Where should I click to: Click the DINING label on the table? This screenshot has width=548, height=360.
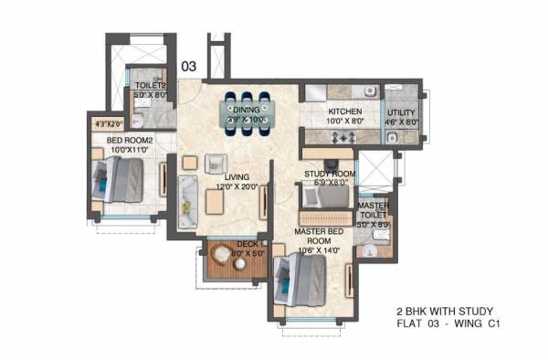click(x=247, y=106)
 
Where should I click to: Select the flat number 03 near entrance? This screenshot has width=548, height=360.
click(x=188, y=66)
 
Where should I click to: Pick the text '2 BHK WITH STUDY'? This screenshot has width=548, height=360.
click(x=442, y=311)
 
